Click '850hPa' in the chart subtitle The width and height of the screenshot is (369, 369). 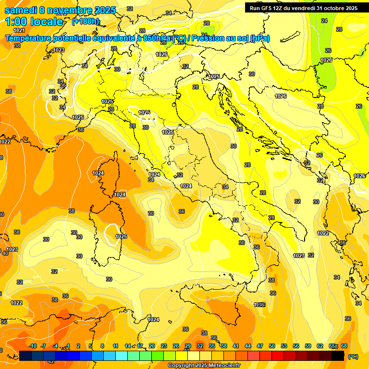tap(157, 38)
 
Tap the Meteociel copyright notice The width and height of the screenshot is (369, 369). tap(204, 366)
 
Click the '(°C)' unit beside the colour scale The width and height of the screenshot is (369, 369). tap(353, 357)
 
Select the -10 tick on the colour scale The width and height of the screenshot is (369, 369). tap(33, 346)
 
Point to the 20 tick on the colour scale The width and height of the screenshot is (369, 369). tap(152, 346)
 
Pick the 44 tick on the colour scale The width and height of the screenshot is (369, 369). tap(248, 346)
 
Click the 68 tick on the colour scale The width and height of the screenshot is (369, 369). tap(344, 346)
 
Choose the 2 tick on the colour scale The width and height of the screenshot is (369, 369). tap(79, 346)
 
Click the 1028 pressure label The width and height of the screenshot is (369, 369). tap(326, 60)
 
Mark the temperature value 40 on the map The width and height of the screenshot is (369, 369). tap(5, 253)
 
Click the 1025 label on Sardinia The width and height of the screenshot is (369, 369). tap(121, 237)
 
